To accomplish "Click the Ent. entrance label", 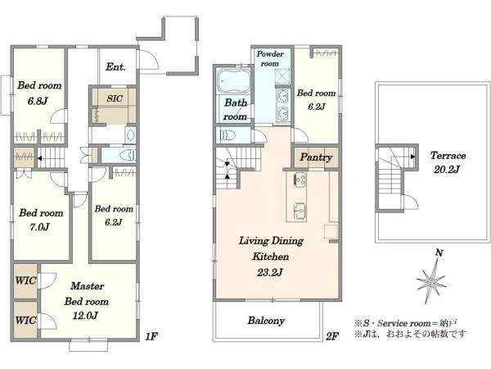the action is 115,67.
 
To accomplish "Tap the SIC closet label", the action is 115,98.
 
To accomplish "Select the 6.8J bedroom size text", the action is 38,101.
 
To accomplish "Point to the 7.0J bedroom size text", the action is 39,226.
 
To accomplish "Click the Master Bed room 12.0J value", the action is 85,315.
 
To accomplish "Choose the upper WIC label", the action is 25,280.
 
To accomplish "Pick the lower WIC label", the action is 25,321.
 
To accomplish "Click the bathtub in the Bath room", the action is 233,80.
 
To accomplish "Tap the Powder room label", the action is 270,59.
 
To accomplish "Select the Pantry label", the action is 316,157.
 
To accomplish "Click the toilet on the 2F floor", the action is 228,135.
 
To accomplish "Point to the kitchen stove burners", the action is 300,180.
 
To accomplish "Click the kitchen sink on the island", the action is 300,211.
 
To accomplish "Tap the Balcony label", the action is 266,321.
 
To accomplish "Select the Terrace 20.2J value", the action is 447,170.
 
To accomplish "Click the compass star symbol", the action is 431,281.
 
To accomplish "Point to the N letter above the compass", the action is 439,253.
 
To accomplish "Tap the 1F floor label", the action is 151,337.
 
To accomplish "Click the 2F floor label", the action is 332,337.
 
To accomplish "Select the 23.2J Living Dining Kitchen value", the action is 270,272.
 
